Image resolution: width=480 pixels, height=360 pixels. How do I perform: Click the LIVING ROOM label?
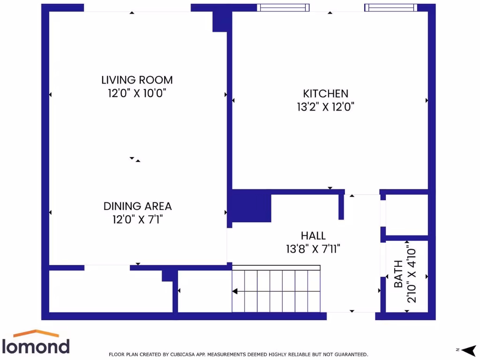click(137, 80)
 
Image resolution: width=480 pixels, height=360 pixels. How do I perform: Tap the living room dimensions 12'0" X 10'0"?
click(137, 93)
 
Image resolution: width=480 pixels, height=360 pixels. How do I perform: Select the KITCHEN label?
click(325, 94)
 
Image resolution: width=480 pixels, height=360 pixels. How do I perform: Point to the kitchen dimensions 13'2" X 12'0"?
click(325, 107)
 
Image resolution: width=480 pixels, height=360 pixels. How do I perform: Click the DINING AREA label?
click(137, 206)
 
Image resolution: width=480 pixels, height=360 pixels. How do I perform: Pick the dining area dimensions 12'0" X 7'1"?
click(137, 219)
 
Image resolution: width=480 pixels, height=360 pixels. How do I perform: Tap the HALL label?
click(313, 236)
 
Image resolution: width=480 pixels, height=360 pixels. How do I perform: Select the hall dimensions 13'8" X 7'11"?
click(313, 249)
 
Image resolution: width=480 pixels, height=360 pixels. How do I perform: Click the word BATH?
click(398, 274)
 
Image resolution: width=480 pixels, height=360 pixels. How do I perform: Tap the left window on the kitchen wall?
click(284, 7)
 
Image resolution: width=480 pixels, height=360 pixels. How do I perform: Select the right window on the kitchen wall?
click(390, 7)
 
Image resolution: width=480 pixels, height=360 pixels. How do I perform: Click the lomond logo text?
click(37, 346)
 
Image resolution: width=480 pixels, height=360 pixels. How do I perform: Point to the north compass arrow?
click(468, 350)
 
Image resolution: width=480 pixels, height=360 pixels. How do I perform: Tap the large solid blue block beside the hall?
click(251, 206)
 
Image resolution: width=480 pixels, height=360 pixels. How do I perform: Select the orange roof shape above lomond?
click(37, 334)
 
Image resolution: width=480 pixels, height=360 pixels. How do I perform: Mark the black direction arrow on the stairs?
click(235, 291)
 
